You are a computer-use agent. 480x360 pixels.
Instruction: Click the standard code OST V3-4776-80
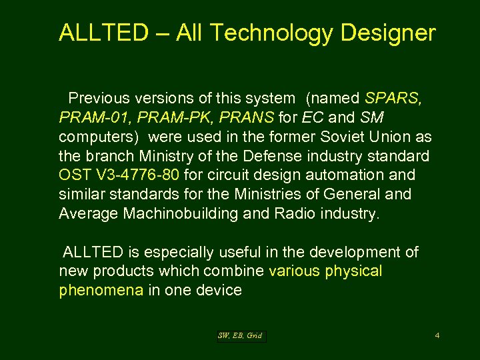pos(118,175)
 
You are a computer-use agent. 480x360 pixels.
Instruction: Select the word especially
pos(179,252)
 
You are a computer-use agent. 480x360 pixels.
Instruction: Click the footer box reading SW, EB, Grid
pos(240,335)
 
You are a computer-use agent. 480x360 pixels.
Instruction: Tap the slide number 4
pos(437,335)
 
